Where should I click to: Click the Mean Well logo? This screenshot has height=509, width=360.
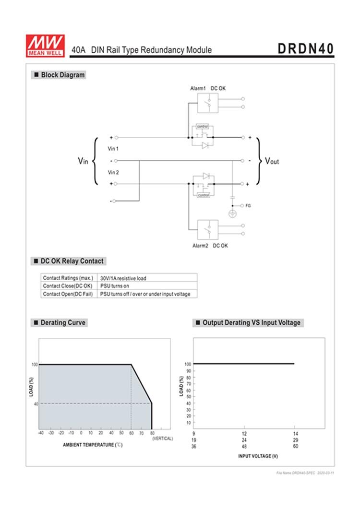coord(45,46)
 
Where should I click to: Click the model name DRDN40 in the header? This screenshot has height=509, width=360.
coord(305,49)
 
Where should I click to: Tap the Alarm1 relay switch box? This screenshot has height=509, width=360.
coord(208,103)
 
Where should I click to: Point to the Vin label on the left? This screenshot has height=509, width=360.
coord(83,161)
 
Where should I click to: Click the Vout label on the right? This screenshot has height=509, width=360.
coord(272,161)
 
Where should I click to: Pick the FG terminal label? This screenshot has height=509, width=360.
coord(248,205)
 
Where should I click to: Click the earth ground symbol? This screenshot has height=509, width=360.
coord(232,214)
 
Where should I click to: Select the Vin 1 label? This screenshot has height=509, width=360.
coord(113,149)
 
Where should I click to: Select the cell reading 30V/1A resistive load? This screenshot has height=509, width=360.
coord(123,278)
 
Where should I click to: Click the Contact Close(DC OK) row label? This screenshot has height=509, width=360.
coord(68,286)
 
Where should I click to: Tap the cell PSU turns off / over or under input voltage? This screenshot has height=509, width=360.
coord(145,294)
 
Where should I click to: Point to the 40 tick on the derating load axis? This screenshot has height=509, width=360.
coord(35,403)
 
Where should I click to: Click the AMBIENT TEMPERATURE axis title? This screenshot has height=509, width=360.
coord(93,445)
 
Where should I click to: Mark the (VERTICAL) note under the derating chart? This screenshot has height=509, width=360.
coord(162,438)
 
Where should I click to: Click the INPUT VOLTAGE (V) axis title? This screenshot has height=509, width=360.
coord(258,456)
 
